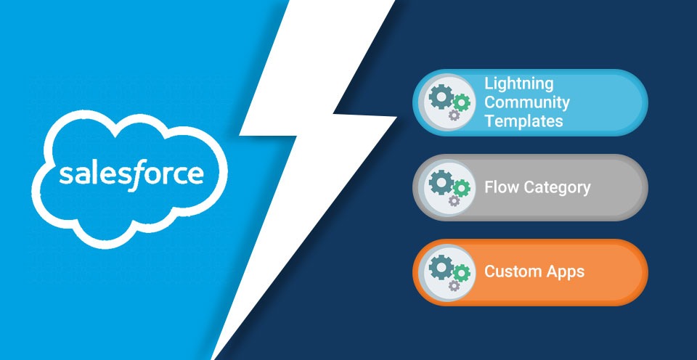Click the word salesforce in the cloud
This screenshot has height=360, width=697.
tap(131, 175)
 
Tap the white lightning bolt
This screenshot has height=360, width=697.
tap(306, 134)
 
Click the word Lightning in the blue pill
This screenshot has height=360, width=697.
tap(518, 84)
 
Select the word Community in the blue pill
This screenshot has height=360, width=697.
tap(527, 102)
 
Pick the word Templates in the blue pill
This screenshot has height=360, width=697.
tap(523, 121)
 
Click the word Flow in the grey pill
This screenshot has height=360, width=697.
tap(502, 187)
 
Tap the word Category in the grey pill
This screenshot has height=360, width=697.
tap(557, 188)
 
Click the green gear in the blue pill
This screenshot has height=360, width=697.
tap(462, 102)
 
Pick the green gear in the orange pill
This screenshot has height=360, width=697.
tap(462, 272)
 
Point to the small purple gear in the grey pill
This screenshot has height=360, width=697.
tap(454, 200)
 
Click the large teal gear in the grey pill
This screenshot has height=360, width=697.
tap(441, 181)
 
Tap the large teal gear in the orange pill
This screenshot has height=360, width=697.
tap(441, 266)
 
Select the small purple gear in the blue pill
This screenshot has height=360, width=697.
tap(454, 115)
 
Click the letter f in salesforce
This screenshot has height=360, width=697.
tap(134, 176)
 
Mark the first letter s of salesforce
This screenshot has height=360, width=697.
tap(65, 175)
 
